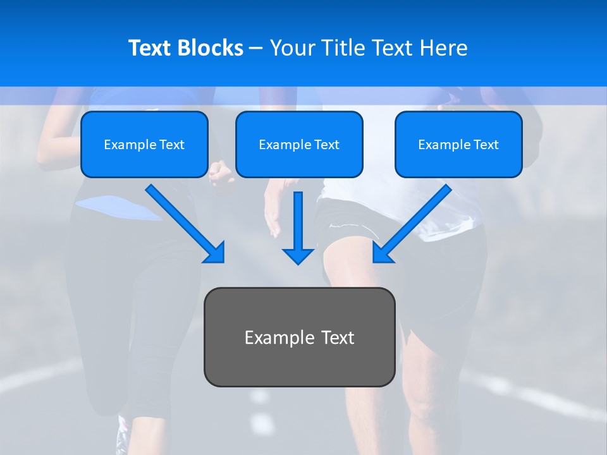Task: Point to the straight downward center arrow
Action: [x=298, y=221]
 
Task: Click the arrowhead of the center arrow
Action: [x=298, y=255]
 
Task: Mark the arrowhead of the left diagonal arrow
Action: [x=216, y=253]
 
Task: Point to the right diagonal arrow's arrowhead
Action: [x=382, y=253]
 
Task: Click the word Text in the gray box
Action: [x=338, y=337]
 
